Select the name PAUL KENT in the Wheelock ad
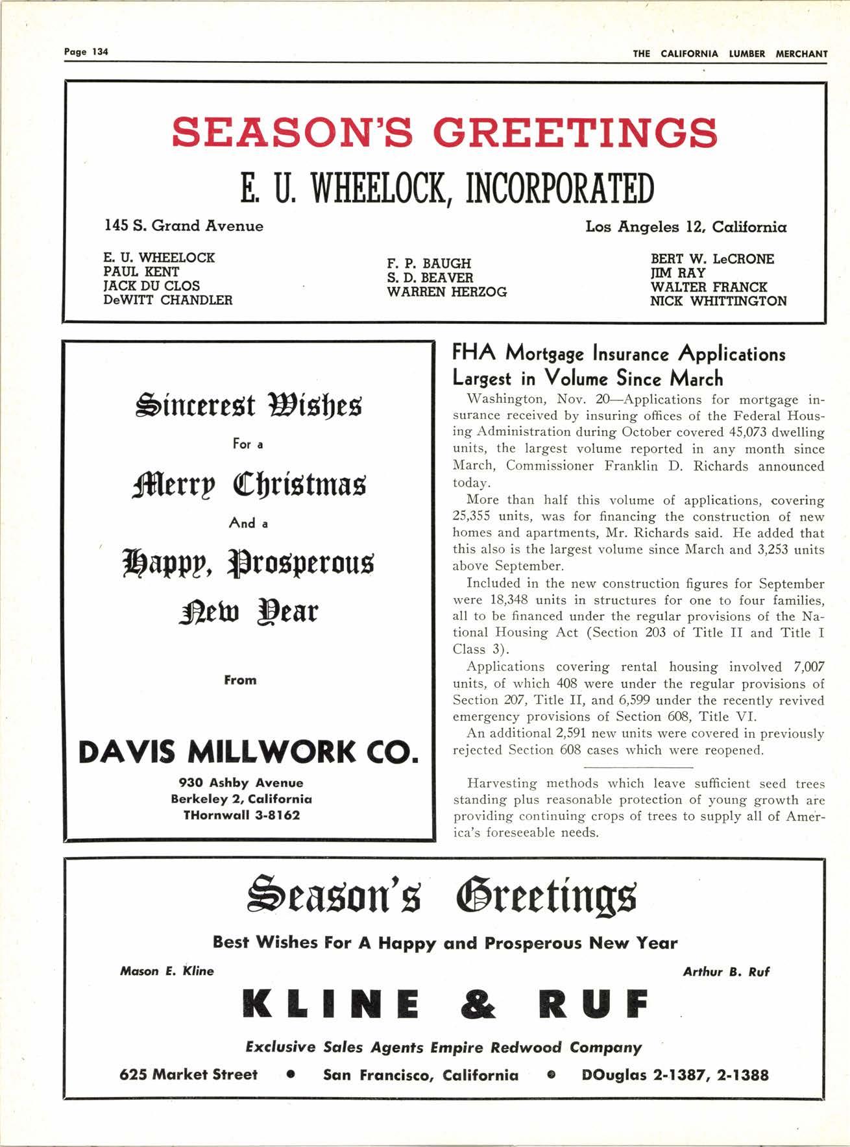pos(141,272)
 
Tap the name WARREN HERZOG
pos(446,293)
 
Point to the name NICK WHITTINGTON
pos(718,302)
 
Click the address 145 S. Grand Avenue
pos(184,226)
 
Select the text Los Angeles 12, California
pos(686,227)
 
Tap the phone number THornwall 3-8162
pos(242,815)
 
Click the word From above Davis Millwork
pos(240,681)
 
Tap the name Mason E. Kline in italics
pos(167,971)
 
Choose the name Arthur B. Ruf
pos(726,972)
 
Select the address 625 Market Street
pos(188,1075)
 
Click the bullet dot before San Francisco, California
pos(291,1075)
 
